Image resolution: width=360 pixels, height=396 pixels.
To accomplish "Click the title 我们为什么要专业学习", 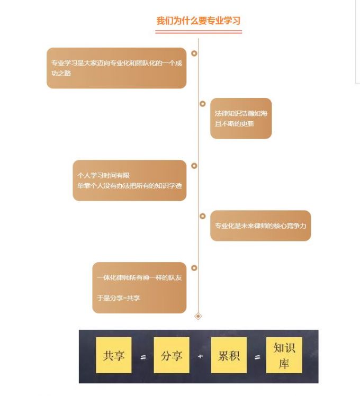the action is tap(199, 21).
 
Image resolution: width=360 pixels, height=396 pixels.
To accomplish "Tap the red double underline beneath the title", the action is tap(199, 32).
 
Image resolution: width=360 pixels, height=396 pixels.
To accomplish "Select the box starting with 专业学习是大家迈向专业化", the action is tap(116, 68).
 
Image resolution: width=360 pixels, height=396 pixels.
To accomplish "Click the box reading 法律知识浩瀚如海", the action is tap(241, 119).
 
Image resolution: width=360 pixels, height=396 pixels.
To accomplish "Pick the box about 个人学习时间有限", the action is tap(130, 181).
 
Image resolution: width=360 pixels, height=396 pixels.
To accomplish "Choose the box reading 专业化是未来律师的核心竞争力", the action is tap(260, 226).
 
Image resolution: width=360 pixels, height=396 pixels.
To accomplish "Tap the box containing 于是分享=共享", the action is tap(139, 287).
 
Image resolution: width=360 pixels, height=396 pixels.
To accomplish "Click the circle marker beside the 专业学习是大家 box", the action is tap(194, 53).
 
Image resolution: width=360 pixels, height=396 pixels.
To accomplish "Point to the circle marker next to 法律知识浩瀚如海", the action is tap(202, 104).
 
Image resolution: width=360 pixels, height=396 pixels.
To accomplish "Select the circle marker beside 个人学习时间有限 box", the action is tap(194, 166).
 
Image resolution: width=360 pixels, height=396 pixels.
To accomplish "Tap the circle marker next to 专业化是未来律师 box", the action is tap(202, 216).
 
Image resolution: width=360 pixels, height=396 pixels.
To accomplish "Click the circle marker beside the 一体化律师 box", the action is tap(194, 268).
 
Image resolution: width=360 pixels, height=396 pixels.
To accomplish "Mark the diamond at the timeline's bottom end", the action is tap(199, 316).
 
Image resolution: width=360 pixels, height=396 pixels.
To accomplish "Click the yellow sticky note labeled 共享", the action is tap(114, 355).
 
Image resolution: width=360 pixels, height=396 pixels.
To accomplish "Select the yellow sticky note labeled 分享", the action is tap(172, 355).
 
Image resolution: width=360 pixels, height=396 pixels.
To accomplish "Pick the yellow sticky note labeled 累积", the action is tap(229, 355).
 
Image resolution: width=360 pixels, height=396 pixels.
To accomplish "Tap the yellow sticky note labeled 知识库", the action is tap(284, 355).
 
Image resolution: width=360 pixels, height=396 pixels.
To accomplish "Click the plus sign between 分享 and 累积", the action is tap(201, 356).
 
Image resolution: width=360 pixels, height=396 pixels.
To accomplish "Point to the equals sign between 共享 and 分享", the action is tap(143, 357).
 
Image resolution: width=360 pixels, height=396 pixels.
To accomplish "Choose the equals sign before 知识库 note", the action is tap(257, 357).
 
